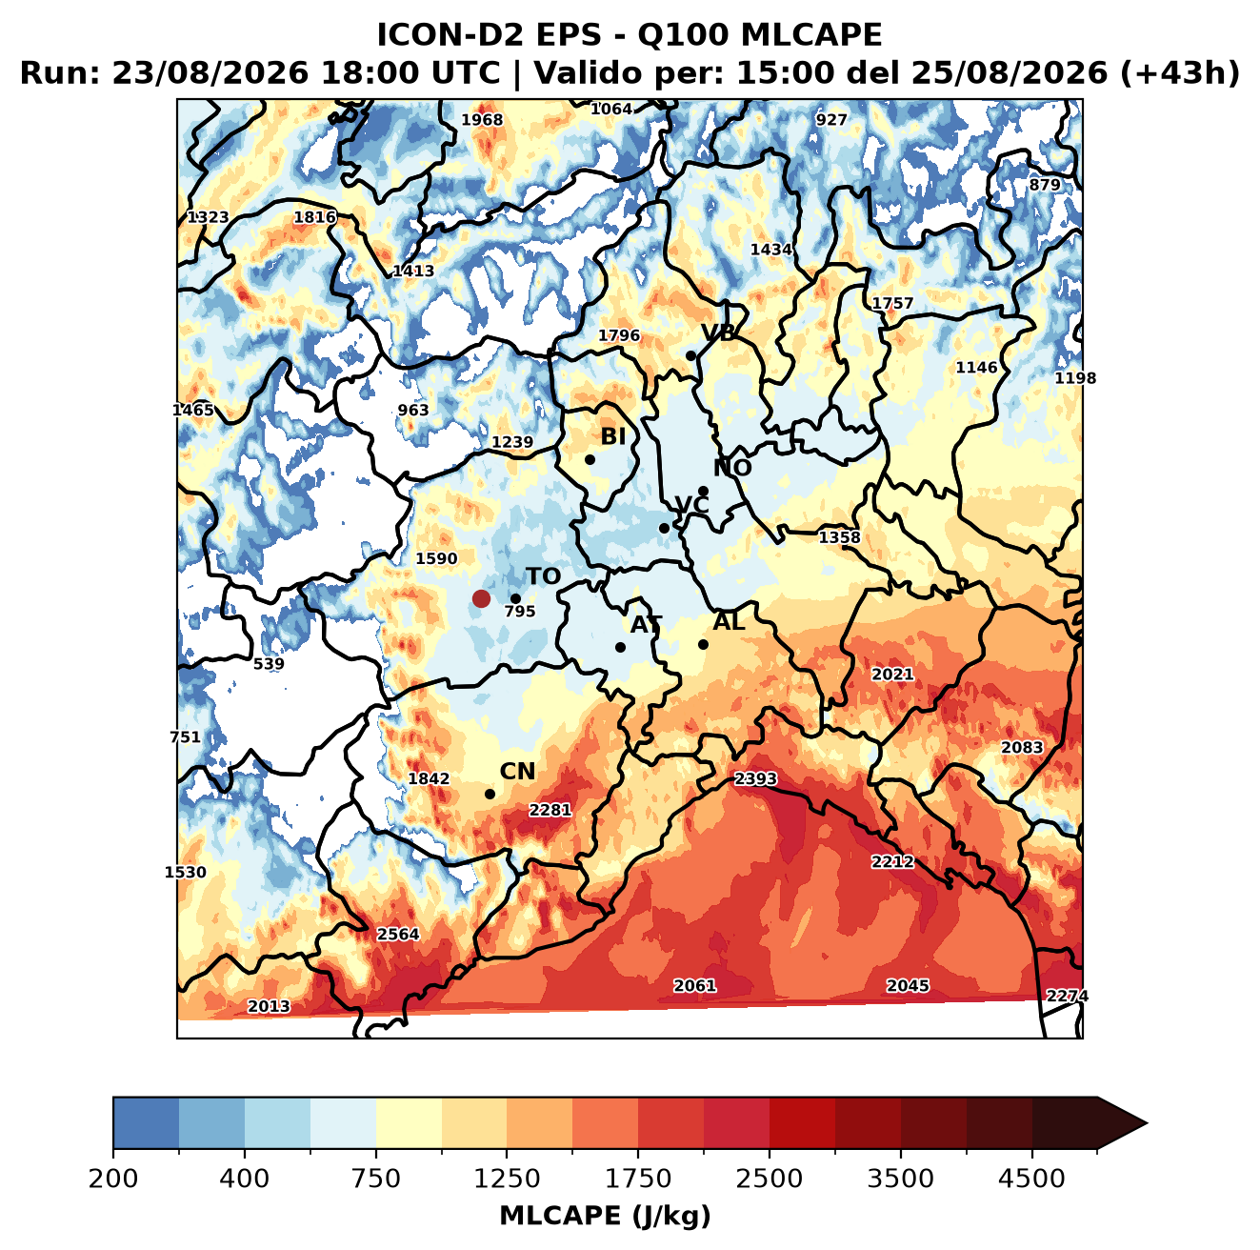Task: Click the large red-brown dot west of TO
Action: tap(481, 598)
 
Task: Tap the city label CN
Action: tap(517, 772)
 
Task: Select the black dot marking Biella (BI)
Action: tap(590, 459)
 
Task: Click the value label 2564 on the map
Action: tap(397, 934)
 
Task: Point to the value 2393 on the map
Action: tap(755, 779)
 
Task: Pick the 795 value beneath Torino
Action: tap(520, 611)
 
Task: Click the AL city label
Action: tap(729, 621)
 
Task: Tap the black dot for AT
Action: tap(620, 647)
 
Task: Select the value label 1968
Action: tap(482, 120)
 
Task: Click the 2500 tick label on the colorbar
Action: tap(769, 1178)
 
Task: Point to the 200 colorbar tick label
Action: tap(113, 1178)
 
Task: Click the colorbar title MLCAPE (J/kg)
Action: tap(605, 1216)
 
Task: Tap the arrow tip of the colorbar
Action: tap(1147, 1123)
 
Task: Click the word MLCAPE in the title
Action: tap(811, 34)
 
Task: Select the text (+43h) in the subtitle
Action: tap(1179, 73)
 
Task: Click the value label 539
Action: tap(268, 664)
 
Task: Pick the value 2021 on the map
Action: tap(892, 674)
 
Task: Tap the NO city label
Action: tap(731, 468)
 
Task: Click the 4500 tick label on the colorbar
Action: tap(1031, 1178)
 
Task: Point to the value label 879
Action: tap(1045, 185)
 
